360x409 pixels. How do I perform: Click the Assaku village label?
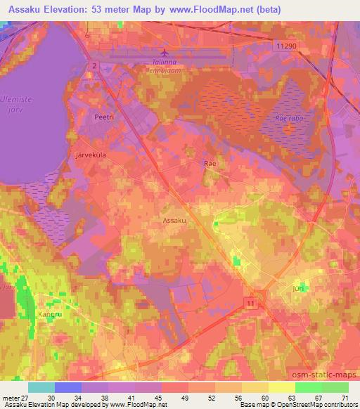174,220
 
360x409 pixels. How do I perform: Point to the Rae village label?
209,162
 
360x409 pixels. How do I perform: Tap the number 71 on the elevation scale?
345,398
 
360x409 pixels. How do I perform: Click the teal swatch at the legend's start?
41,387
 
